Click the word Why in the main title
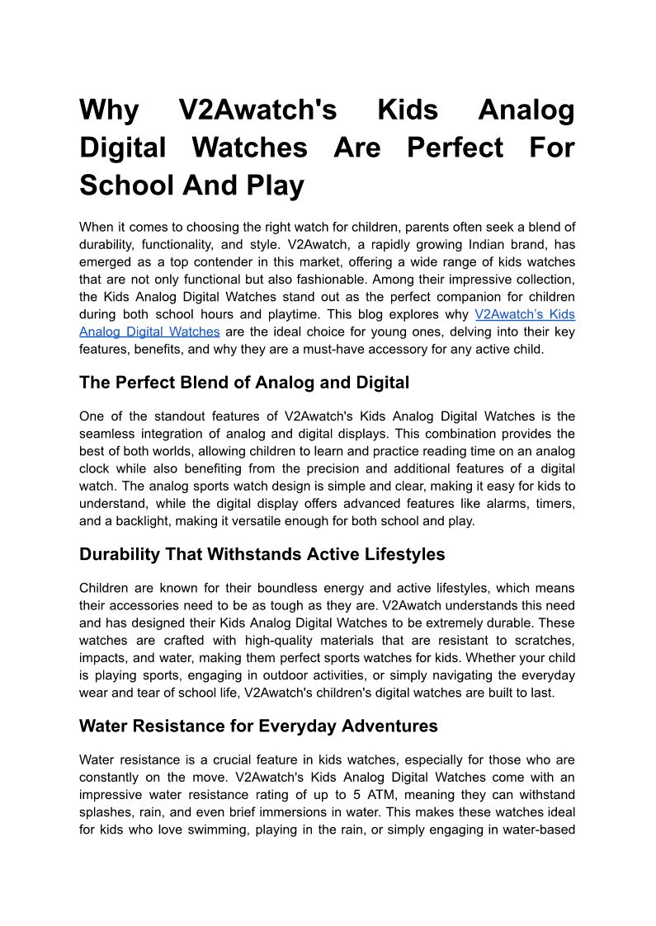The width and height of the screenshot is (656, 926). (109, 110)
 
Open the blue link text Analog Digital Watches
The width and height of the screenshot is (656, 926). (149, 331)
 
